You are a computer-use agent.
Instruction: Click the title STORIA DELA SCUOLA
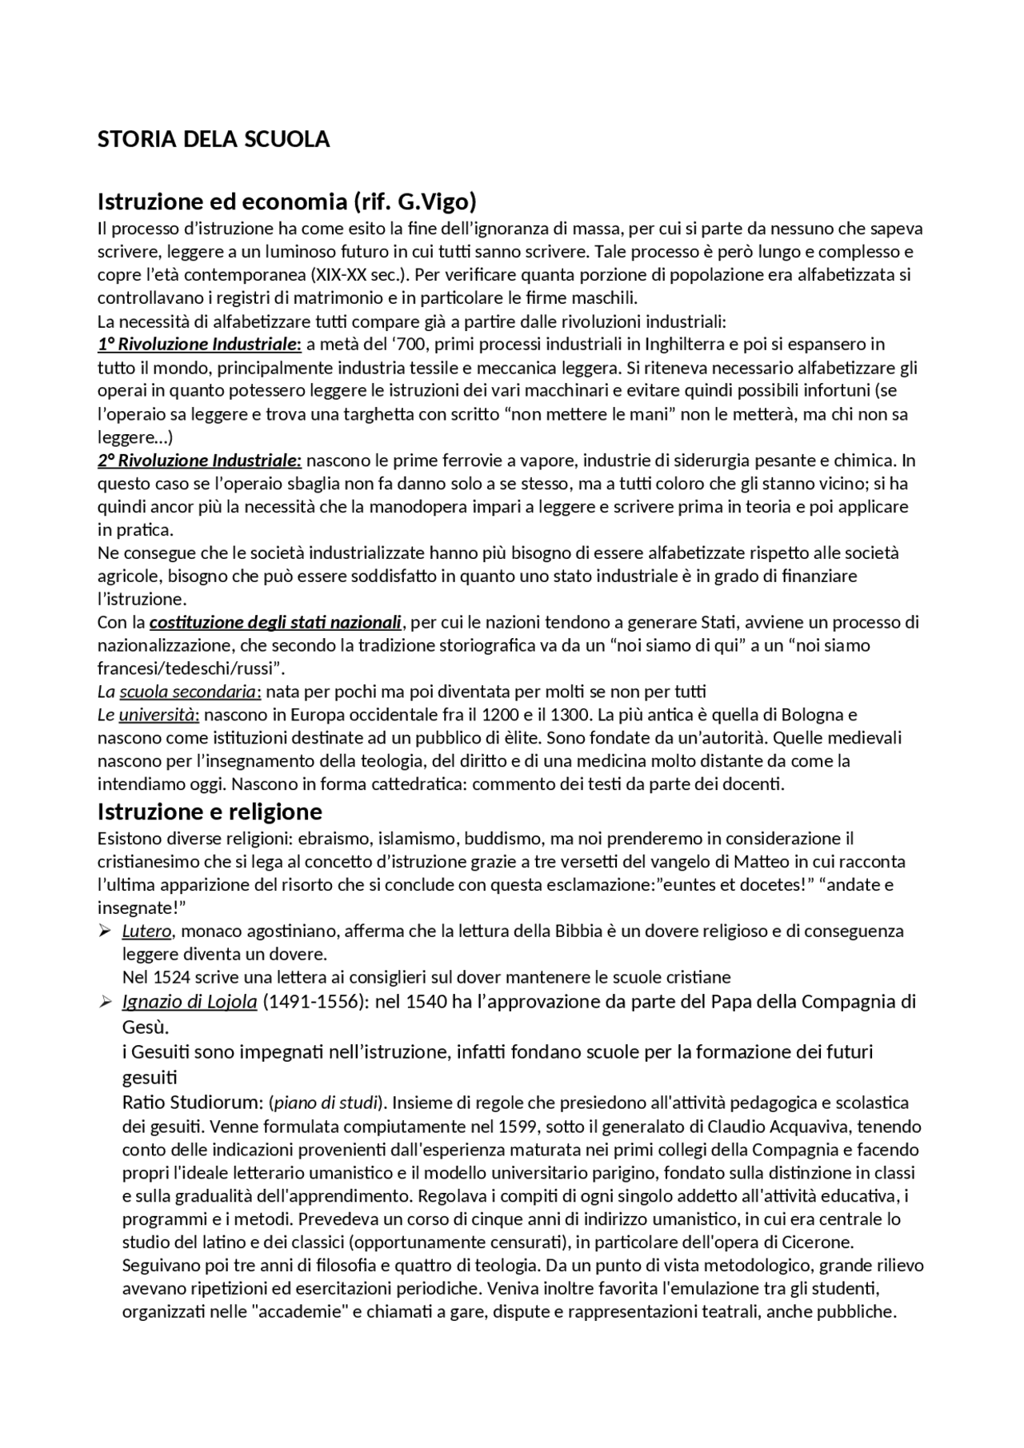pos(213,139)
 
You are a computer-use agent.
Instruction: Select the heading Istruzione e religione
pos(210,812)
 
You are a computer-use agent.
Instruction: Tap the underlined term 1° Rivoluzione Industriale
pos(199,345)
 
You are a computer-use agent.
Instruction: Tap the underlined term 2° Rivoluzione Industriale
pos(199,461)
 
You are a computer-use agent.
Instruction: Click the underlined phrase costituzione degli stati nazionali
pos(275,622)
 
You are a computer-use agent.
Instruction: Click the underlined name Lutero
pos(146,931)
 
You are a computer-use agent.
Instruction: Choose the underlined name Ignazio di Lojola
pos(190,1002)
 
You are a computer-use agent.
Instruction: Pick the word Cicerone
pos(817,1243)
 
